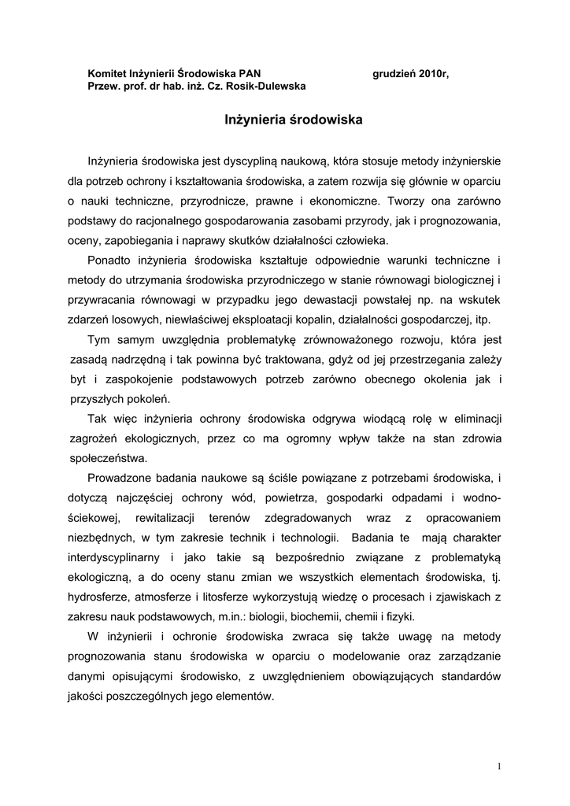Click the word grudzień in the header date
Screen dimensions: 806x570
(394, 73)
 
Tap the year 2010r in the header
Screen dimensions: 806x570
(434, 73)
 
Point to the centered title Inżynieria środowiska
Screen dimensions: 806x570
(293, 121)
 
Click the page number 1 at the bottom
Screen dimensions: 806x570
(500, 765)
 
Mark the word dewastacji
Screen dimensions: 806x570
(324, 300)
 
